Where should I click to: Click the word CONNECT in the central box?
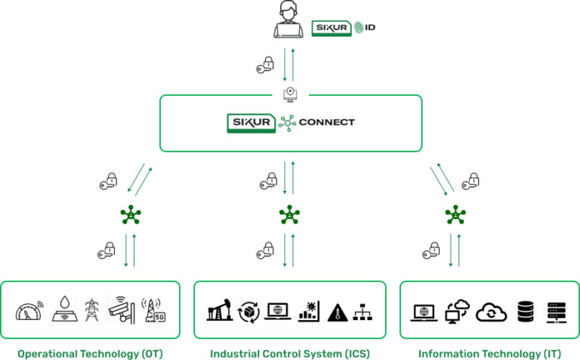coord(326,122)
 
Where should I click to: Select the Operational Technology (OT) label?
coord(90,352)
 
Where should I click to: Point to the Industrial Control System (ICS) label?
coord(290,352)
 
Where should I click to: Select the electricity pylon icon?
coord(92,309)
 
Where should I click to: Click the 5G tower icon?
coord(154,309)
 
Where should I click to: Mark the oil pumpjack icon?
coord(219,310)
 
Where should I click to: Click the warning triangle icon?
coord(336,312)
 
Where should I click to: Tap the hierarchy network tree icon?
coord(363,312)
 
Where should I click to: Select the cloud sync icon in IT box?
coord(491,312)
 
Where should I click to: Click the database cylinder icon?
coord(526,311)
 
